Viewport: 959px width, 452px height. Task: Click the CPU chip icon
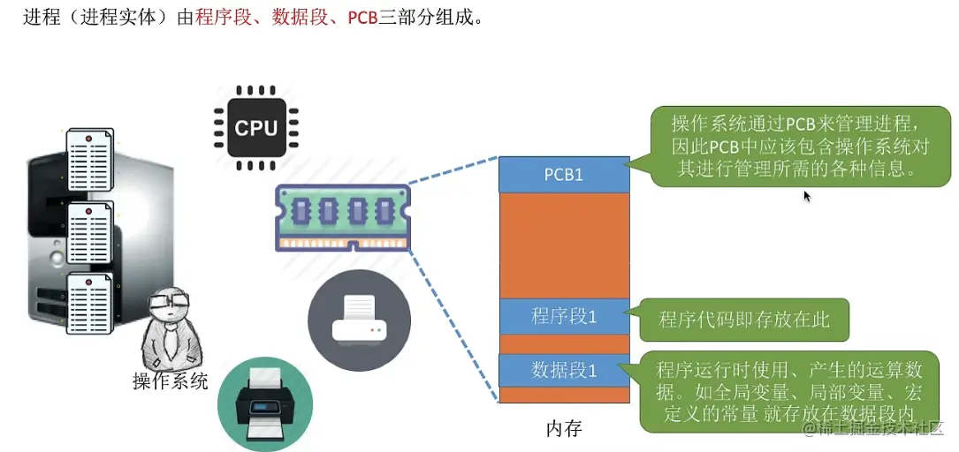click(256, 128)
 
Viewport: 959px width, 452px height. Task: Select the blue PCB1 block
click(563, 175)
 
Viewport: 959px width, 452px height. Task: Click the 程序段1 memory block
click(563, 316)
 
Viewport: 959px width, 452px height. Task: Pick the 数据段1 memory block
click(563, 370)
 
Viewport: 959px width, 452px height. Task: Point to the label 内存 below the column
click(564, 430)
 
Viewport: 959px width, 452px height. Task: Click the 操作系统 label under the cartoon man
click(170, 381)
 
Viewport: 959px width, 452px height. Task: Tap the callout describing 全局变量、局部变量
click(787, 392)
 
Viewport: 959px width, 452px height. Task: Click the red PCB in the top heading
click(362, 18)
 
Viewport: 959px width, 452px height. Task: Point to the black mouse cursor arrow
click(806, 195)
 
